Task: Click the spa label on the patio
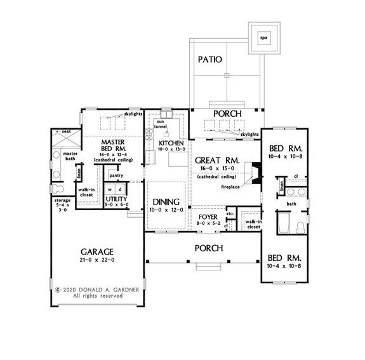point(263,38)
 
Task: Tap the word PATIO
point(209,60)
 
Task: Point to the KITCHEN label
point(171,143)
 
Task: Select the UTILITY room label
point(117,199)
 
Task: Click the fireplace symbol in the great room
point(255,172)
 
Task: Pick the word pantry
point(116,175)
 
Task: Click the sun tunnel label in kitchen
point(157,123)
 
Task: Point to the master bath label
point(69,156)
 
